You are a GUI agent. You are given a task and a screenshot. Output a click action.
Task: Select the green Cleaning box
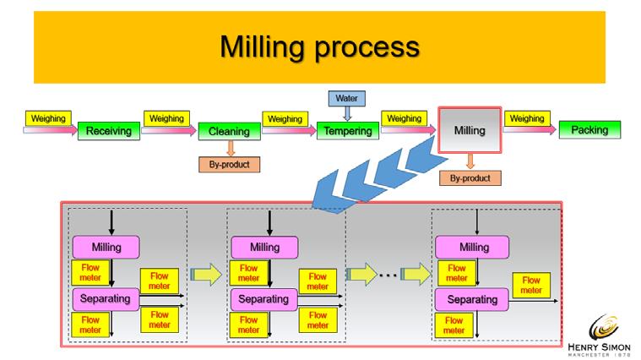pos(228,132)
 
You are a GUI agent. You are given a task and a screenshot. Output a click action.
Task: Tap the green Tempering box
pos(346,132)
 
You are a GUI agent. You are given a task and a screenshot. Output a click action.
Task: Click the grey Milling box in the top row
pos(470,131)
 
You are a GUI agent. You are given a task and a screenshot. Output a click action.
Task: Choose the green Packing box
pos(589,131)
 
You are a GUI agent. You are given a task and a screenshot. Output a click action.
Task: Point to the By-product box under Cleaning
pos(229,164)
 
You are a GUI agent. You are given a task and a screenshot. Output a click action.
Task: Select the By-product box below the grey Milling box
pos(470,178)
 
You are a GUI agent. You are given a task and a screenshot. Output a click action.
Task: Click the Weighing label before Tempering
pos(287,118)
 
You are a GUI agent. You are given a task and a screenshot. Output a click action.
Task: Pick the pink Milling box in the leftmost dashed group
pos(106,248)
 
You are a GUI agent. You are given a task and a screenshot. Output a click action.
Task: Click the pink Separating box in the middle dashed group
pos(263,300)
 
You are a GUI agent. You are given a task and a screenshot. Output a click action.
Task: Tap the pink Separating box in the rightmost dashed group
pos(471,300)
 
